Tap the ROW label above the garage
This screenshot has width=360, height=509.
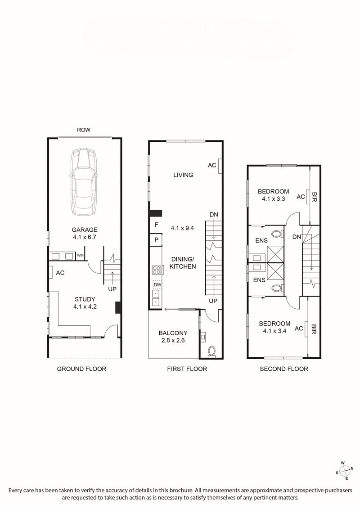[x=84, y=130]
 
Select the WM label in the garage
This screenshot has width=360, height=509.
[x=81, y=256]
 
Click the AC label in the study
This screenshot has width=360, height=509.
[x=60, y=273]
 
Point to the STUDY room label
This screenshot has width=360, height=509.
[x=85, y=299]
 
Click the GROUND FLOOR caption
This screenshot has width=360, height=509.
[x=81, y=369]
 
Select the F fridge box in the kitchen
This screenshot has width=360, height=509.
[x=156, y=224]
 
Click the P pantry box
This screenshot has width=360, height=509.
[x=156, y=240]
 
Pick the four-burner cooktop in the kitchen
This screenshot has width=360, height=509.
[x=157, y=270]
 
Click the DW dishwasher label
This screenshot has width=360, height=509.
[x=157, y=285]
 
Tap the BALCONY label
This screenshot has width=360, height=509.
[x=173, y=333]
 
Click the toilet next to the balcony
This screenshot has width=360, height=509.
[x=211, y=351]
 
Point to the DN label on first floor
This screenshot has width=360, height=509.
[x=214, y=215]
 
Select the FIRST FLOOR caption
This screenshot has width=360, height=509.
[x=187, y=369]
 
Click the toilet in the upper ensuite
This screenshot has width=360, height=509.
[x=278, y=234]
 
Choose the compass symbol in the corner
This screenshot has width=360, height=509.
[x=345, y=471]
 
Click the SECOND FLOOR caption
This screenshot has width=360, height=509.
[x=284, y=369]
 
